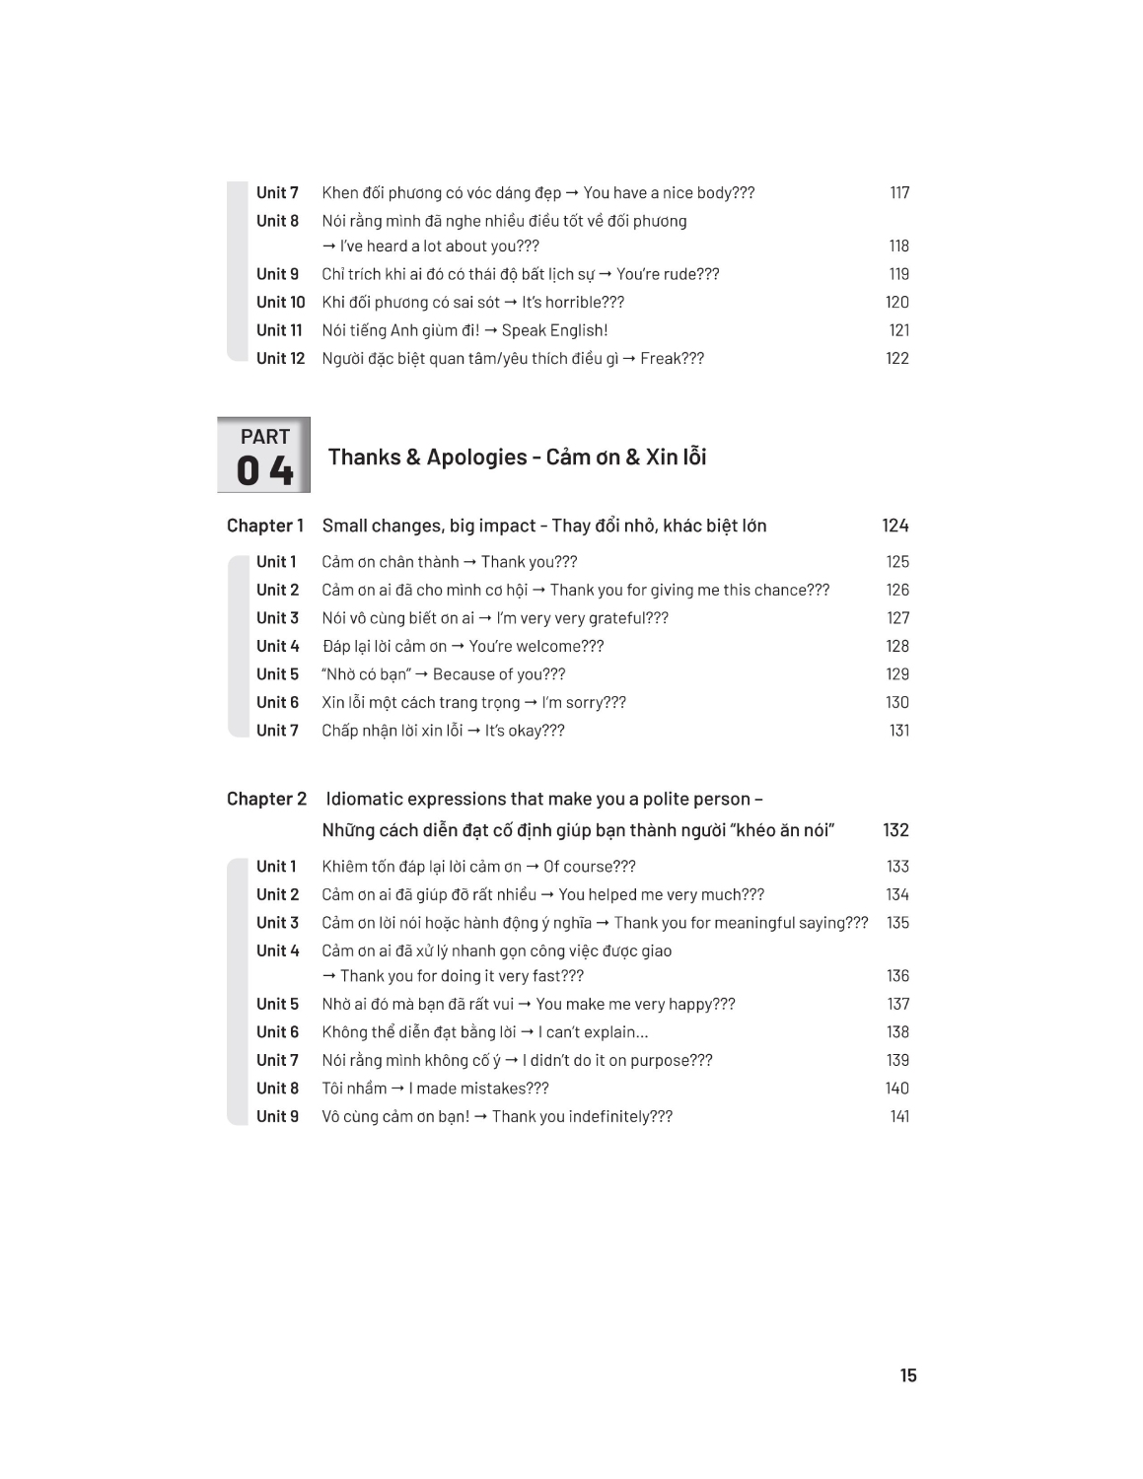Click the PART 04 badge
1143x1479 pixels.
[x=263, y=455]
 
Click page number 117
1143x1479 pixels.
[x=899, y=193]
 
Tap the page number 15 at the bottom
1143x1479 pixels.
[x=908, y=1375]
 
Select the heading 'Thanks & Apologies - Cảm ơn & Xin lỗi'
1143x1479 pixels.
[x=517, y=458]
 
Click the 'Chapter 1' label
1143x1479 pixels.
[x=265, y=526]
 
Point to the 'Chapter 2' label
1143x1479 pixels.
[x=266, y=799]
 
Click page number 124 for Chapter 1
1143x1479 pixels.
[x=895, y=526]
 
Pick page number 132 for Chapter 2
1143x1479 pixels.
[x=895, y=830]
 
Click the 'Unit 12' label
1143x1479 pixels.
[x=280, y=359]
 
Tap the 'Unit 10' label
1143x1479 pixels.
[x=280, y=303]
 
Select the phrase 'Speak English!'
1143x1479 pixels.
[x=554, y=331]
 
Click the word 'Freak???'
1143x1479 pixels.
[x=672, y=359]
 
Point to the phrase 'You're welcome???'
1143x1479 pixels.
[x=536, y=647]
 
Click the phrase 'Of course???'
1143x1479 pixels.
[x=590, y=867]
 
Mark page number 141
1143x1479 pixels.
[x=899, y=1117]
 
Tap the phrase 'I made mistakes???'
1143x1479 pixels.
[x=478, y=1089]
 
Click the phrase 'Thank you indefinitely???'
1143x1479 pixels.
[x=582, y=1117]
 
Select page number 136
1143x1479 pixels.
[x=897, y=976]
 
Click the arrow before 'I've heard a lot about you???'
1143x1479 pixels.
[x=329, y=246]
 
